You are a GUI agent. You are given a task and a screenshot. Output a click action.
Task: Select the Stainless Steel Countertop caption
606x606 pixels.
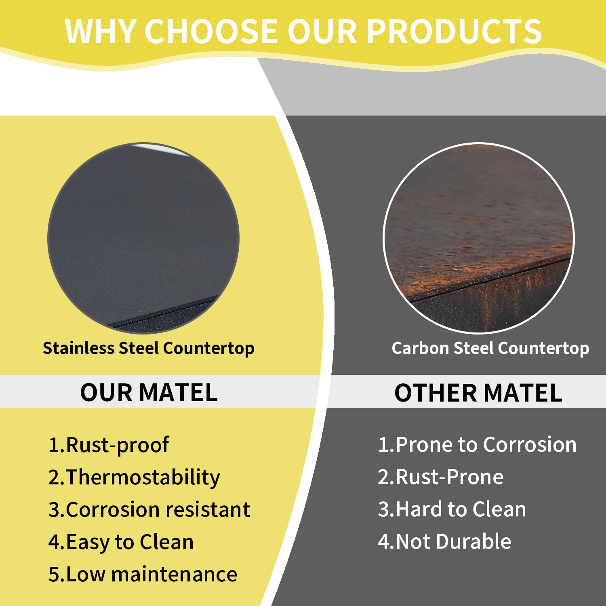tap(149, 348)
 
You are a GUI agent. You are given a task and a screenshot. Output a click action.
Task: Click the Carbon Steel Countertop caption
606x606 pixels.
tap(490, 348)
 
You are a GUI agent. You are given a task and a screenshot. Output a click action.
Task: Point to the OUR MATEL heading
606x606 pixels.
tap(149, 392)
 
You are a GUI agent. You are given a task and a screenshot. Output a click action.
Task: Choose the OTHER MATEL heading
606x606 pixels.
tap(478, 392)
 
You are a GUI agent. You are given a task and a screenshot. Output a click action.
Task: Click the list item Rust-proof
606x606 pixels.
tap(109, 445)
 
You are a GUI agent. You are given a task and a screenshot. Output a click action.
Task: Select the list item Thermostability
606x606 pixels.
tap(134, 478)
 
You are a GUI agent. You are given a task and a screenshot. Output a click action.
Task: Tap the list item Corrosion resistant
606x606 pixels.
tap(149, 509)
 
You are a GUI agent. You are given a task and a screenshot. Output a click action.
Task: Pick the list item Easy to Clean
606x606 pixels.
tap(121, 542)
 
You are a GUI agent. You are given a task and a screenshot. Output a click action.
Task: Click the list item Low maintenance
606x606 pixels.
tap(143, 574)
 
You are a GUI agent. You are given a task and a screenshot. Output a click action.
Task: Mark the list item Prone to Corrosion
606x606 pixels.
tap(477, 445)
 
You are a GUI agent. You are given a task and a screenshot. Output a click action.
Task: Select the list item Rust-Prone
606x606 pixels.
tap(441, 477)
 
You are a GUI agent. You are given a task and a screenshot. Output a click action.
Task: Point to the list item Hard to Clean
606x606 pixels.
tap(452, 509)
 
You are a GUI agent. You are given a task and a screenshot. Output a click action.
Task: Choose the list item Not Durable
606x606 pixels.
tap(444, 542)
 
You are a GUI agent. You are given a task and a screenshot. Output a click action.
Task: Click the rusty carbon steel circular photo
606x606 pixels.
tap(478, 238)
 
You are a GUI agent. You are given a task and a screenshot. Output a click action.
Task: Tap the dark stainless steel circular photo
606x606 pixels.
tap(143, 238)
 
